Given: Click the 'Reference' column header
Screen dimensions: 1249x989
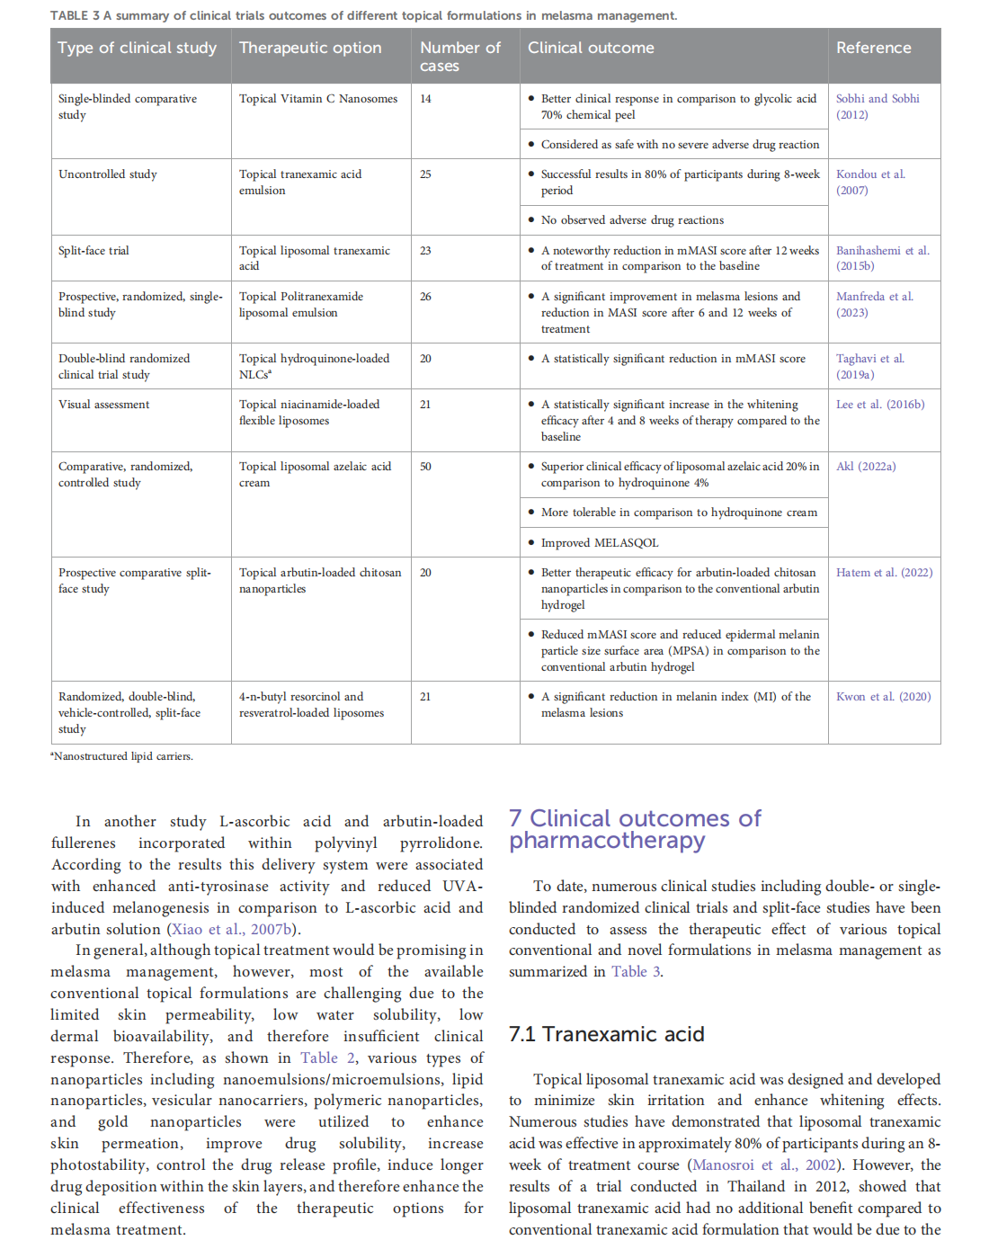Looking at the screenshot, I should (x=873, y=48).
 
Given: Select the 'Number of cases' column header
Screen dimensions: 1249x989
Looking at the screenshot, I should (x=459, y=57).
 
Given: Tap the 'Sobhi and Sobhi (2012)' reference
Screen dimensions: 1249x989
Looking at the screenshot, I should (x=878, y=106).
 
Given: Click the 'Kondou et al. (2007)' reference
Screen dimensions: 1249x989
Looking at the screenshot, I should (x=870, y=182).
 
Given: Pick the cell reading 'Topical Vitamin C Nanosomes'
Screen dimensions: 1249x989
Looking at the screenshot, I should (x=318, y=99).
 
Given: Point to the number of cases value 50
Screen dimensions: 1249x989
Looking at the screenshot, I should (x=425, y=467).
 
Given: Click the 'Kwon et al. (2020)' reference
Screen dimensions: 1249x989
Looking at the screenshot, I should (x=883, y=697).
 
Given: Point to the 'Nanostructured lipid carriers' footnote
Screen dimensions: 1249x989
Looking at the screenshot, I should (x=122, y=756).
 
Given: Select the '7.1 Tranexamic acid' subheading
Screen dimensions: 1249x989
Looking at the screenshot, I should (x=606, y=1034).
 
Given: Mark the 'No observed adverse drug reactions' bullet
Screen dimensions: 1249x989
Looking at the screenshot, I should (x=632, y=220).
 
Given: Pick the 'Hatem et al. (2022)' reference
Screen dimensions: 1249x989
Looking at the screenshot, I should (x=884, y=573).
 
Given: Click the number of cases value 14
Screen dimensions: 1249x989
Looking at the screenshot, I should (x=425, y=99).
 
